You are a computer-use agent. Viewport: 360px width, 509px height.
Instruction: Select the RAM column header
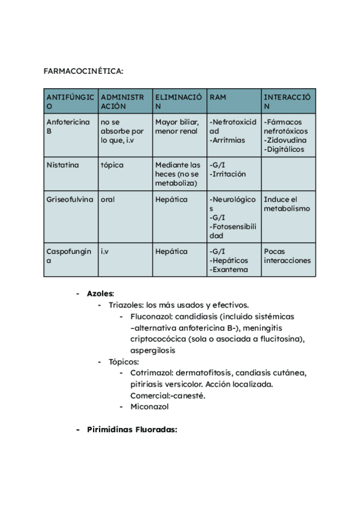tap(217, 97)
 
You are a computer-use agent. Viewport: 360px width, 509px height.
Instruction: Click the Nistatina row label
tap(62, 164)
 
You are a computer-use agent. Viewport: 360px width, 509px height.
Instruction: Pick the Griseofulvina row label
tap(70, 199)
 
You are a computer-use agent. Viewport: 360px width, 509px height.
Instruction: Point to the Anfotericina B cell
tap(68, 126)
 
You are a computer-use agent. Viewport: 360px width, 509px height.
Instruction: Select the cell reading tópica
tap(112, 164)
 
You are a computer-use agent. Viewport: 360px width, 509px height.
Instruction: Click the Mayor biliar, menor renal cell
tap(178, 126)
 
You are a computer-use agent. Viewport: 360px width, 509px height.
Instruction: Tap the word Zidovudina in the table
tap(286, 140)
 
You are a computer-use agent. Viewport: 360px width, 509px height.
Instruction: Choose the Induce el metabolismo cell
tap(286, 204)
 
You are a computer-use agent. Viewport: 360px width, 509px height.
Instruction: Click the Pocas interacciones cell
tap(287, 256)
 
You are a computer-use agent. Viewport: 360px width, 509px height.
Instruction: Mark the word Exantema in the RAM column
tap(228, 270)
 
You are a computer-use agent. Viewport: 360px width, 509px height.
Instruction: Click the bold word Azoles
tap(100, 294)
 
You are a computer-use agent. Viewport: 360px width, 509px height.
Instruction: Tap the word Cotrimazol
tap(152, 373)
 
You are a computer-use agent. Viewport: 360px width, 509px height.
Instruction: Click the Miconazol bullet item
tap(149, 406)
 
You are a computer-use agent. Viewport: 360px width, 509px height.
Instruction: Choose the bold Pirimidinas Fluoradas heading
tap(132, 430)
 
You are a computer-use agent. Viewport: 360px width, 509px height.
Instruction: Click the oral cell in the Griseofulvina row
tap(107, 199)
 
